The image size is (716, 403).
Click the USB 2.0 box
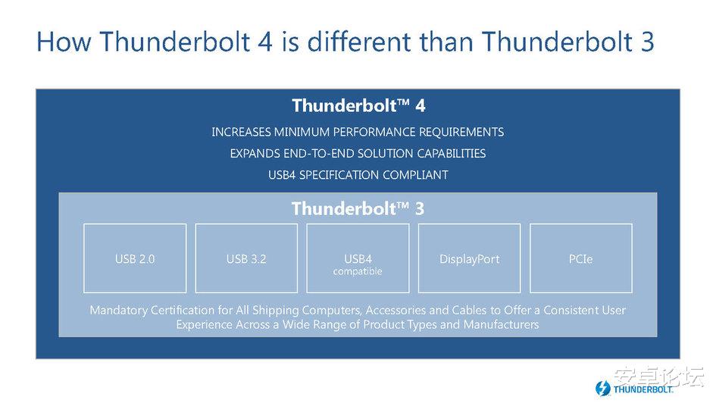click(x=135, y=258)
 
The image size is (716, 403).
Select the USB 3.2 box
click(x=246, y=258)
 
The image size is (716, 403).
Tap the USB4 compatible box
click(x=358, y=258)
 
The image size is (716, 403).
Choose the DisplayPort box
click(x=470, y=258)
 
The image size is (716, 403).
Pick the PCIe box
click(x=581, y=258)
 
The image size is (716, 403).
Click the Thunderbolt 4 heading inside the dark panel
click(x=358, y=105)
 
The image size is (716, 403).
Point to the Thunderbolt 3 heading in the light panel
click(x=358, y=208)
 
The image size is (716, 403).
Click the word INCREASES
click(x=241, y=132)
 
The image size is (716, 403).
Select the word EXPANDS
click(x=255, y=153)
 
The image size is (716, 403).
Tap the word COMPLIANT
click(x=415, y=175)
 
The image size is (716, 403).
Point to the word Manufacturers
click(x=501, y=324)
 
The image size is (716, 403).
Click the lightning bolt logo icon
click(x=603, y=389)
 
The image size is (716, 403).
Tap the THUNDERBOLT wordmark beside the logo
click(x=643, y=389)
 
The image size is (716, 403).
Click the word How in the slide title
click(x=64, y=42)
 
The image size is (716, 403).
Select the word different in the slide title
click(x=359, y=42)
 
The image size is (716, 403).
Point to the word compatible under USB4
click(x=358, y=271)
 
